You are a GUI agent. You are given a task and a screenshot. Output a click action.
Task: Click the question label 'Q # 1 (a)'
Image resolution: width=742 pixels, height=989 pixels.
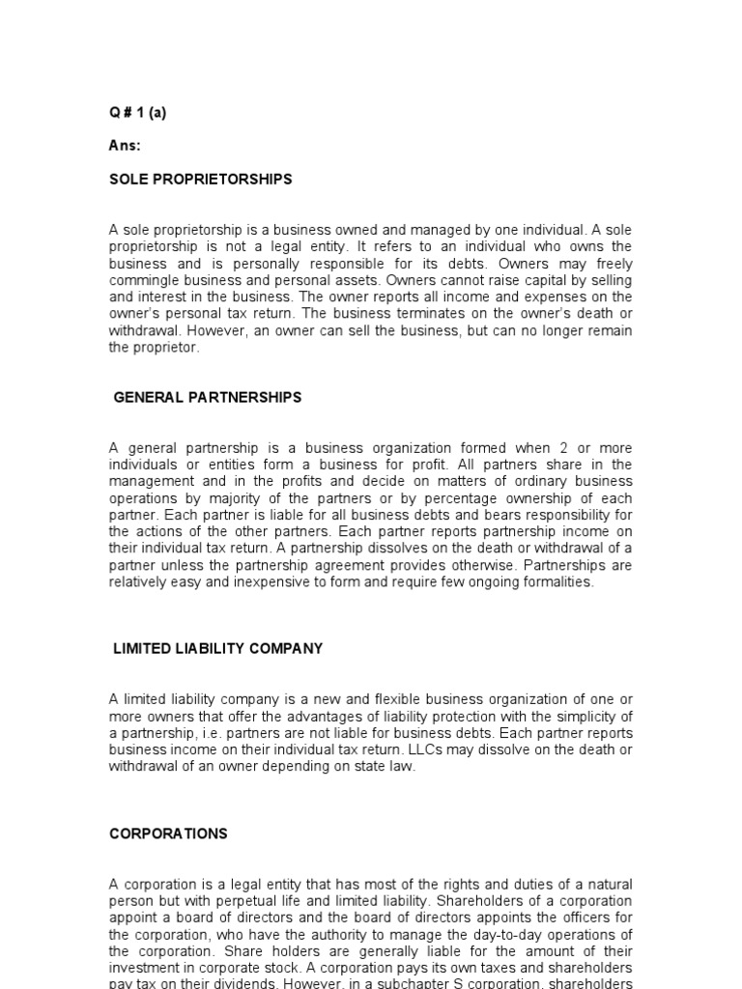[137, 113]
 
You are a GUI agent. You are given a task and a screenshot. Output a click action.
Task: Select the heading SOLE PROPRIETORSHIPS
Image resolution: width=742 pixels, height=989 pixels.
[200, 180]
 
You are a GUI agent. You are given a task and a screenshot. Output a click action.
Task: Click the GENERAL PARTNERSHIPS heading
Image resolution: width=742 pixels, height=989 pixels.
[208, 397]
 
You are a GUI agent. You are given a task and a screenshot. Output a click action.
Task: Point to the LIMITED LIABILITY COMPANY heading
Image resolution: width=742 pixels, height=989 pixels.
[218, 649]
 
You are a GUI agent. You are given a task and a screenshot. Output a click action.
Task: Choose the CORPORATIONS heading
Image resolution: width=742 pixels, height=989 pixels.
[168, 834]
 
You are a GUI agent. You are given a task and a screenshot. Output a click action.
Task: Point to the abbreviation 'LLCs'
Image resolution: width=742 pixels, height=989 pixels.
[492, 749]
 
